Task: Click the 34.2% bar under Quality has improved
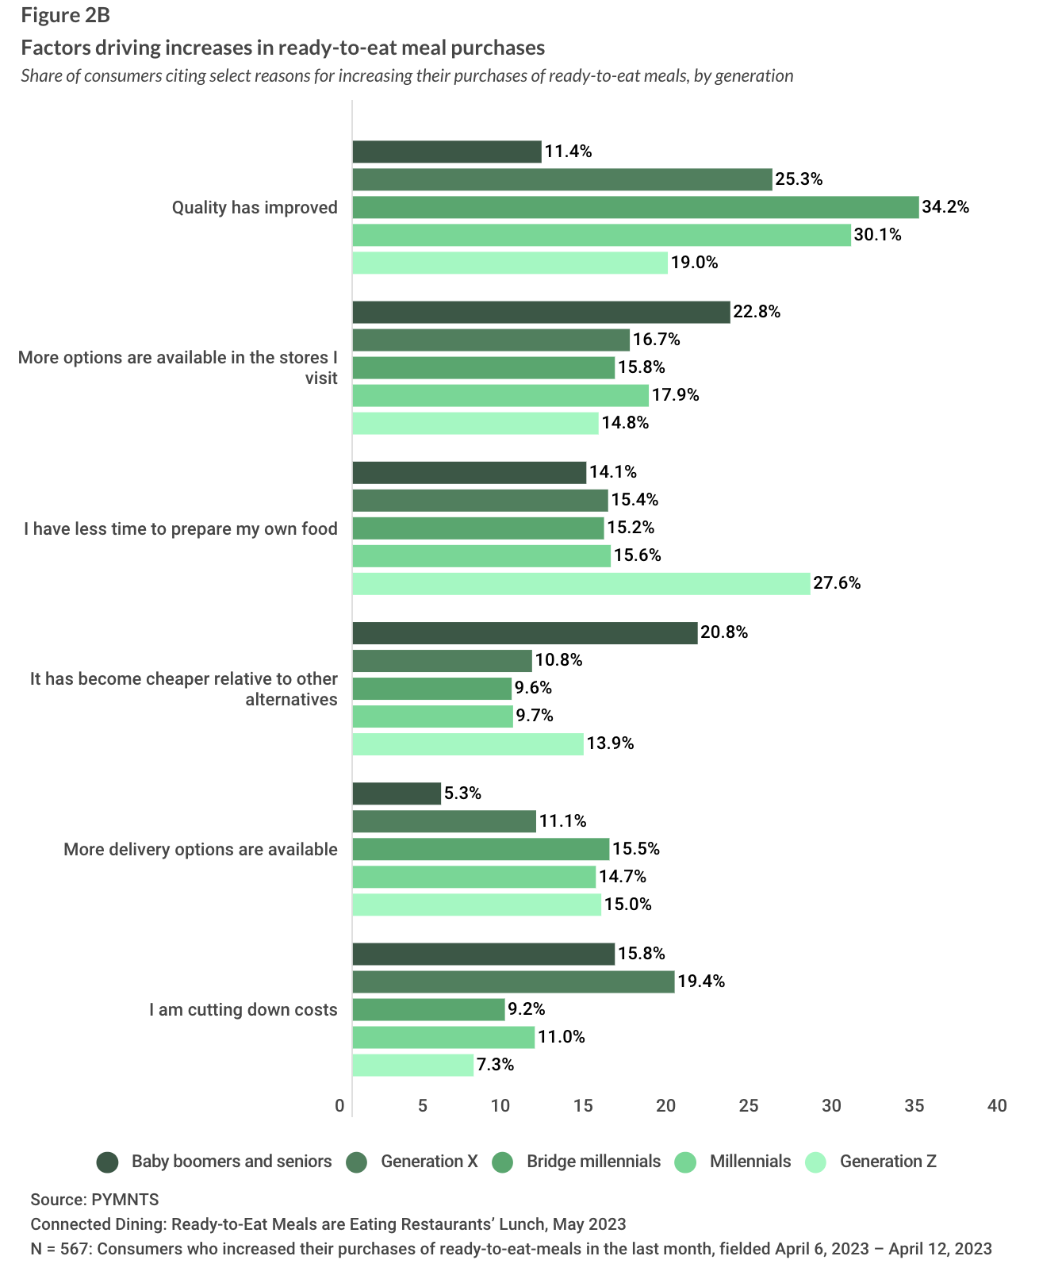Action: click(x=635, y=208)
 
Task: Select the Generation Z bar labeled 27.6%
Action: click(x=581, y=584)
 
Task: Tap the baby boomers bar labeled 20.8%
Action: click(x=524, y=633)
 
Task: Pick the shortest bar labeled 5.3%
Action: click(x=396, y=793)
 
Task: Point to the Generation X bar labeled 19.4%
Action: click(x=512, y=981)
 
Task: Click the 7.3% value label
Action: click(x=496, y=1065)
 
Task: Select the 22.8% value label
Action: click(x=757, y=312)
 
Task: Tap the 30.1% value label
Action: click(x=877, y=235)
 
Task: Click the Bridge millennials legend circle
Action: click(x=502, y=1162)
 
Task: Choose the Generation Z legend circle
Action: click(x=815, y=1162)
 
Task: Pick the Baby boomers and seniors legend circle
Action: click(x=107, y=1162)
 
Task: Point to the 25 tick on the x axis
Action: click(x=749, y=1106)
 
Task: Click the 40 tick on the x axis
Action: click(x=997, y=1106)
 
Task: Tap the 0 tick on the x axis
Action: click(x=340, y=1106)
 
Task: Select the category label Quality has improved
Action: click(x=255, y=208)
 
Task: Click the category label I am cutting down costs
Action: click(x=243, y=1010)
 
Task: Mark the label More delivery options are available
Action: click(x=201, y=850)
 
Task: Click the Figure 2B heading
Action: click(x=65, y=17)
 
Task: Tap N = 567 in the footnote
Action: click(x=60, y=1249)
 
